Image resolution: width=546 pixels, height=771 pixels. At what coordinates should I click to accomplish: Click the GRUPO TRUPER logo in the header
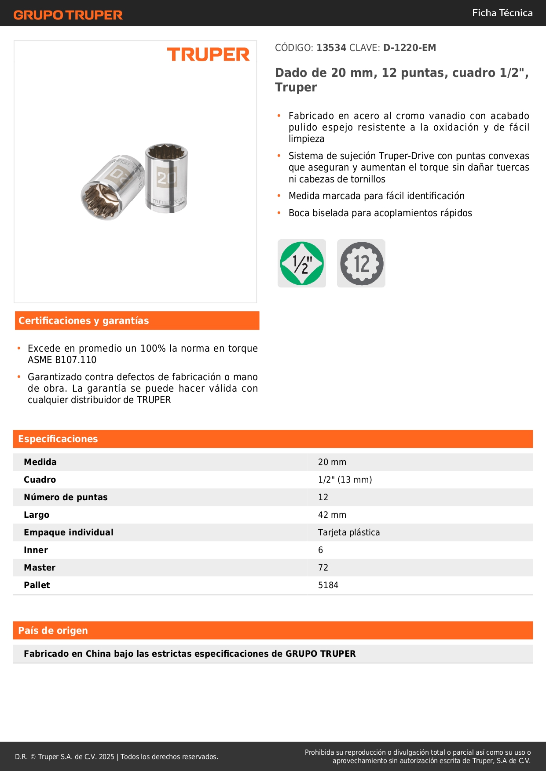pyautogui.click(x=68, y=15)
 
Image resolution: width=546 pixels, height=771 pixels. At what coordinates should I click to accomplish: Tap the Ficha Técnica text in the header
pyautogui.click(x=502, y=13)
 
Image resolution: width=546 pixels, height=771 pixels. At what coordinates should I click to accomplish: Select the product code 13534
pyautogui.click(x=331, y=48)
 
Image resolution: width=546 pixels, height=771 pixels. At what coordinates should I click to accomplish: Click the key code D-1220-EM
pyautogui.click(x=410, y=48)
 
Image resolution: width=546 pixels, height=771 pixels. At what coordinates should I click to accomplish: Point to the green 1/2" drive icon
pyautogui.click(x=302, y=263)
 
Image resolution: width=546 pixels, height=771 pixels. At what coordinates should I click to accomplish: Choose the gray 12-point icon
pyautogui.click(x=361, y=263)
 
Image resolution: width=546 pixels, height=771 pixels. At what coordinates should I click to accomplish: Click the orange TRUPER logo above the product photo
pyautogui.click(x=208, y=55)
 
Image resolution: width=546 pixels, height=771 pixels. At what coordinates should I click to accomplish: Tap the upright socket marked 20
pyautogui.click(x=167, y=178)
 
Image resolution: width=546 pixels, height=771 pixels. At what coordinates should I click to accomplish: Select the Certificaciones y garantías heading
pyautogui.click(x=84, y=321)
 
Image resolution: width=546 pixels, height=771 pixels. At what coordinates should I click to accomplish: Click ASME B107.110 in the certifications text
pyautogui.click(x=62, y=360)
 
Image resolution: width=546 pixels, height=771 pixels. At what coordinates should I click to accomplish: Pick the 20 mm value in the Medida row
pyautogui.click(x=332, y=462)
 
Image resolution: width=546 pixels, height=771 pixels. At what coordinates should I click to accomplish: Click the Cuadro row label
pyautogui.click(x=40, y=480)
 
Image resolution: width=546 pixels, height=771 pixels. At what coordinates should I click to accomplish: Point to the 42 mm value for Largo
pyautogui.click(x=332, y=515)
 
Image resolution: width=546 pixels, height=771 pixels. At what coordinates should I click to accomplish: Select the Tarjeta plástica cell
pyautogui.click(x=349, y=532)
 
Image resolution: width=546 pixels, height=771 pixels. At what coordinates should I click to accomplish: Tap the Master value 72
pyautogui.click(x=323, y=567)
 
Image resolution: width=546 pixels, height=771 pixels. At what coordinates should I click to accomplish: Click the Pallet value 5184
pyautogui.click(x=328, y=585)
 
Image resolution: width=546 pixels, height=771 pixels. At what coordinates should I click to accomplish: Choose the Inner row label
pyautogui.click(x=36, y=550)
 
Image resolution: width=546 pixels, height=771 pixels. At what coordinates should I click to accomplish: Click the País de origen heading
pyautogui.click(x=53, y=631)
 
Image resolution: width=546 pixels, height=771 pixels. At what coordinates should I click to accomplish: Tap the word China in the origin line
pyautogui.click(x=98, y=654)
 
